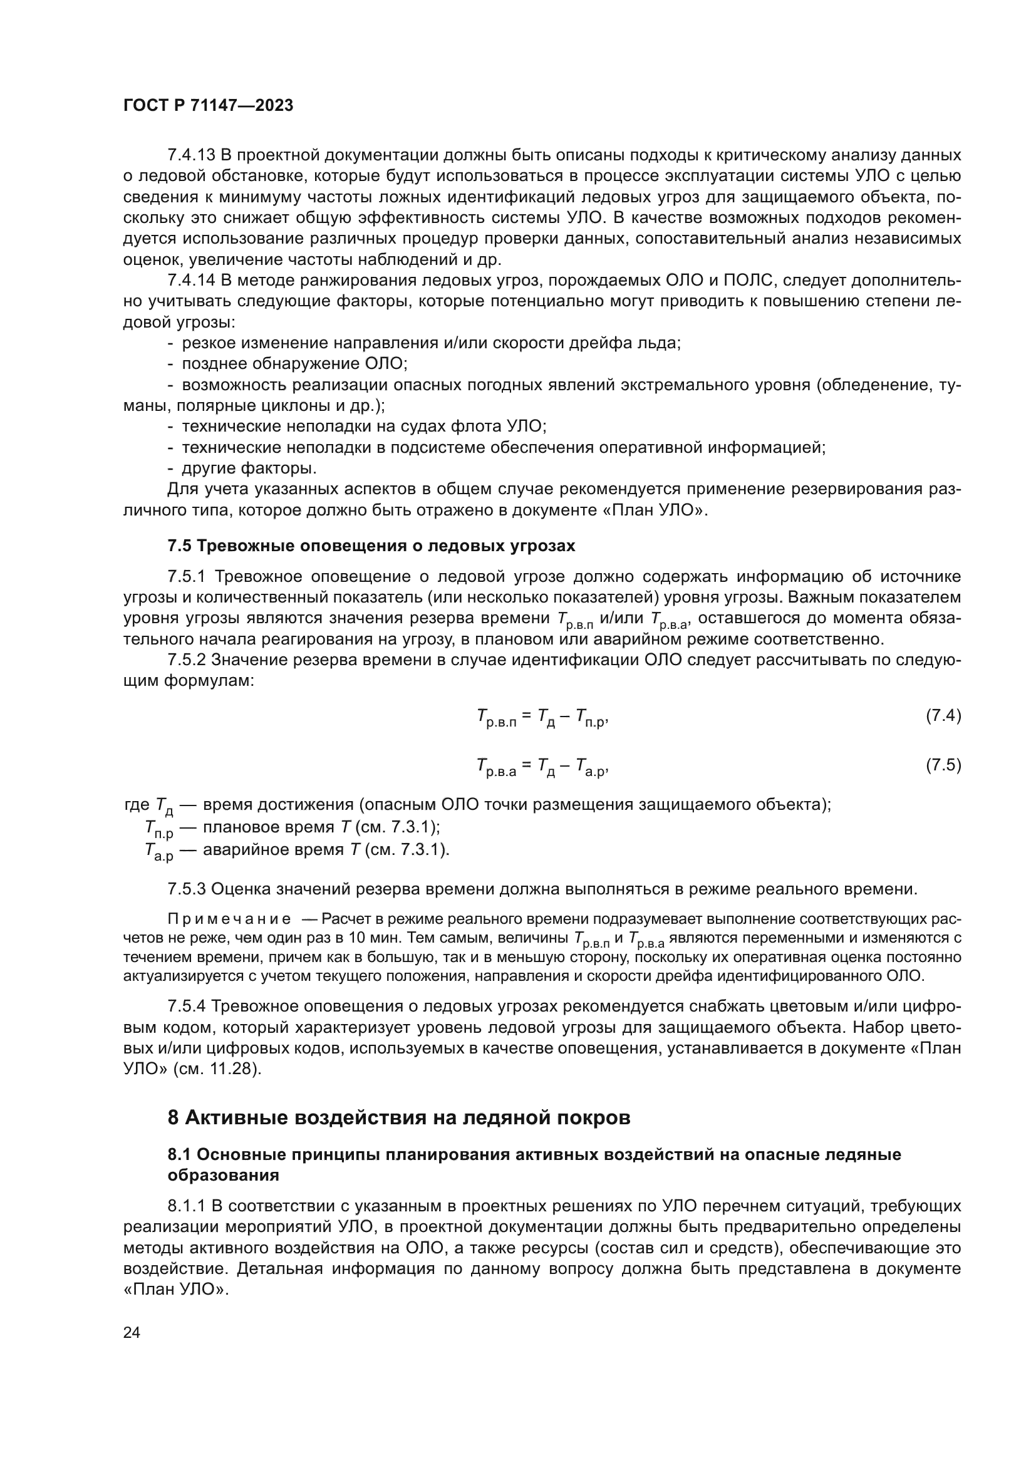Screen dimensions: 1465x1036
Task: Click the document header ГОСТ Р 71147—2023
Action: (208, 106)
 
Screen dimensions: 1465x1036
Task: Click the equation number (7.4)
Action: (943, 715)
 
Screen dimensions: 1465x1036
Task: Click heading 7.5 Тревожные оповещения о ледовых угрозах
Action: (371, 546)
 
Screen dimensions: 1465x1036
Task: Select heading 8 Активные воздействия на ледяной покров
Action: (399, 1117)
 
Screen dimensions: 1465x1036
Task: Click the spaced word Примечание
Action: (229, 919)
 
